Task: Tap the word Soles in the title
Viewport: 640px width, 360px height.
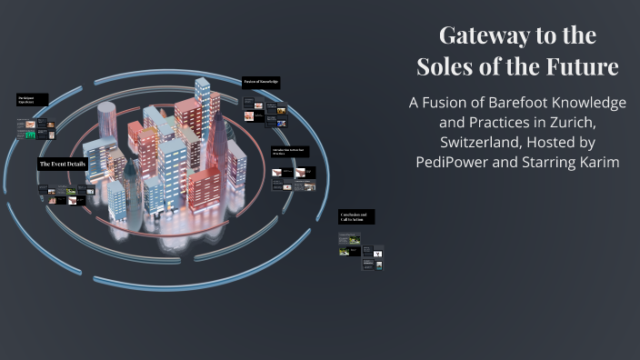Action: [449, 66]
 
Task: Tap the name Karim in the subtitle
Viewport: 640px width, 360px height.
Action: [596, 163]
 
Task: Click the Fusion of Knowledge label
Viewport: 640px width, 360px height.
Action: [262, 82]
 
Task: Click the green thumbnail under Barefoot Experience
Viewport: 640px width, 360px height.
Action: [31, 135]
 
